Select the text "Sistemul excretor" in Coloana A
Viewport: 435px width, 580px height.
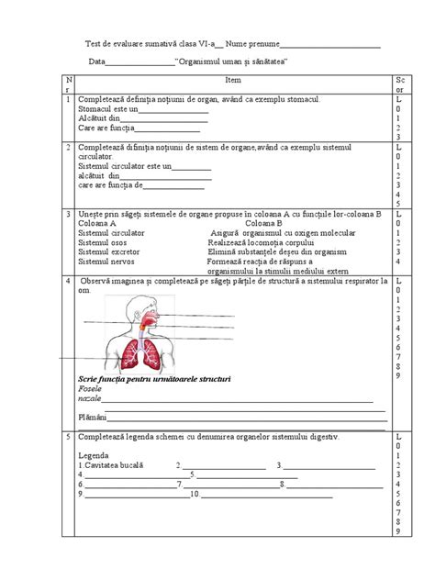[109, 250]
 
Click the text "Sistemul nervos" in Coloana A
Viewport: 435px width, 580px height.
[106, 262]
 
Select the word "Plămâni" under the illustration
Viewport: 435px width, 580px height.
[94, 417]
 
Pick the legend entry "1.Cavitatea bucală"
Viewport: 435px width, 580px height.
[112, 465]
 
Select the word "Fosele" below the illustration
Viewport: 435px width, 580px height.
[91, 390]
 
